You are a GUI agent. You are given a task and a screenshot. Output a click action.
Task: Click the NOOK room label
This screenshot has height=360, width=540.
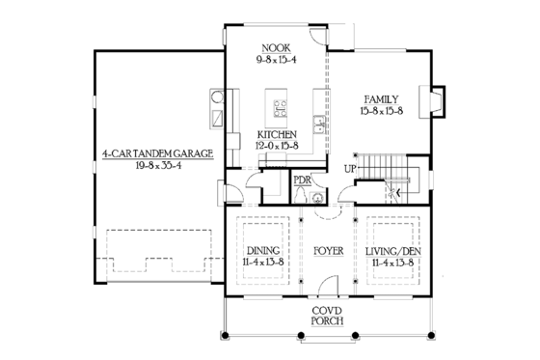coord(277,46)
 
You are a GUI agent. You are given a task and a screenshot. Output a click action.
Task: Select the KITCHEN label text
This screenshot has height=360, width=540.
coord(277,133)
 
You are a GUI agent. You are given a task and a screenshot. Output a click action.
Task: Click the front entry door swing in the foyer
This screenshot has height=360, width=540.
coord(331,286)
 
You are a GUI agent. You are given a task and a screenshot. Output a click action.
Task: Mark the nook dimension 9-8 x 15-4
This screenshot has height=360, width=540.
coord(277,59)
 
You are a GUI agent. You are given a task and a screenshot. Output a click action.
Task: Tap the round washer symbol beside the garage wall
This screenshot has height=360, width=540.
coord(218,97)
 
